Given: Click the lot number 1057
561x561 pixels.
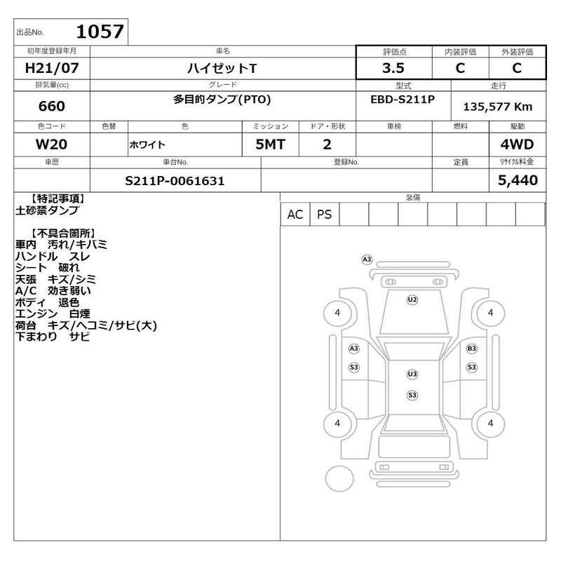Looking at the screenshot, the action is click(100, 32).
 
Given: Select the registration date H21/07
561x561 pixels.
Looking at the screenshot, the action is click(52, 68).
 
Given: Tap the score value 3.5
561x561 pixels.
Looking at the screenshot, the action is click(393, 68).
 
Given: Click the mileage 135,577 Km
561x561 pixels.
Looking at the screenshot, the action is click(498, 107).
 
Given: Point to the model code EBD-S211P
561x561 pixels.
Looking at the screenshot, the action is click(403, 99).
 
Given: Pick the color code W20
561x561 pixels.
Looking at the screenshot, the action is click(51, 144).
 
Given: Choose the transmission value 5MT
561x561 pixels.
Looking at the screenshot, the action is click(270, 144).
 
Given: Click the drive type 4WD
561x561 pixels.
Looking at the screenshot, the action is click(517, 144).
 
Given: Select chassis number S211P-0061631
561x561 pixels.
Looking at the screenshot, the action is click(175, 181).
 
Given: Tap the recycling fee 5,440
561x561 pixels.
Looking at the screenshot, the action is click(518, 180).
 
